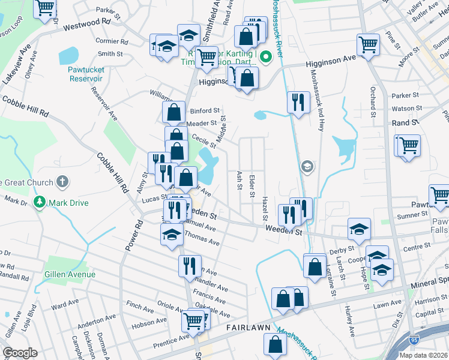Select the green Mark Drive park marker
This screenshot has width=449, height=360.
(40, 203)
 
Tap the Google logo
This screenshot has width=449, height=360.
(19, 353)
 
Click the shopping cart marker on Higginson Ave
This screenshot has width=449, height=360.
(368, 43)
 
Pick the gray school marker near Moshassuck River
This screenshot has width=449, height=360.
(307, 166)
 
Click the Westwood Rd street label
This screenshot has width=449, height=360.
(88, 24)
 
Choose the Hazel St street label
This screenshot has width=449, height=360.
(265, 207)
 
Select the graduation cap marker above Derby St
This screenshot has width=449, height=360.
(359, 228)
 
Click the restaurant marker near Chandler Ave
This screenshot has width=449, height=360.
(190, 265)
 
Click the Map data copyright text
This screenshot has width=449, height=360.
(423, 355)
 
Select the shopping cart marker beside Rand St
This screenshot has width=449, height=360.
(409, 145)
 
